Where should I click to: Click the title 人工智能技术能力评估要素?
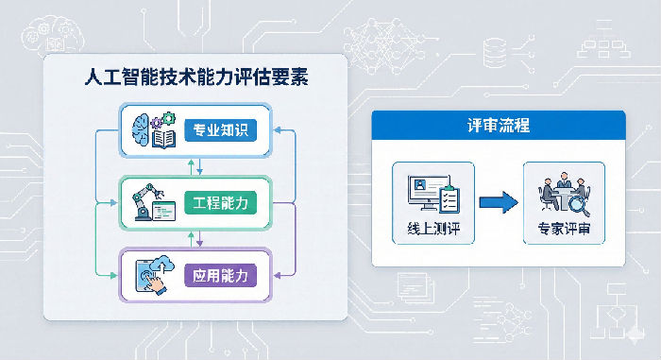(195, 79)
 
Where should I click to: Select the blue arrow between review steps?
(498, 200)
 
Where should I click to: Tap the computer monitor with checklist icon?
(432, 194)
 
